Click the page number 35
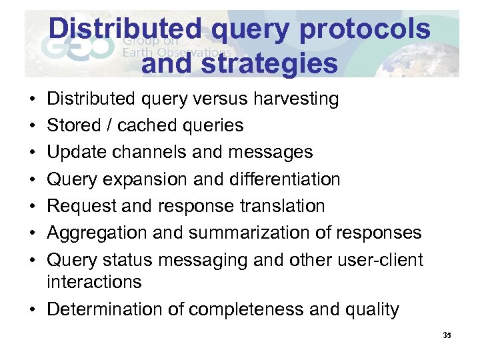[x=447, y=335]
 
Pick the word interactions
[x=94, y=282]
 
